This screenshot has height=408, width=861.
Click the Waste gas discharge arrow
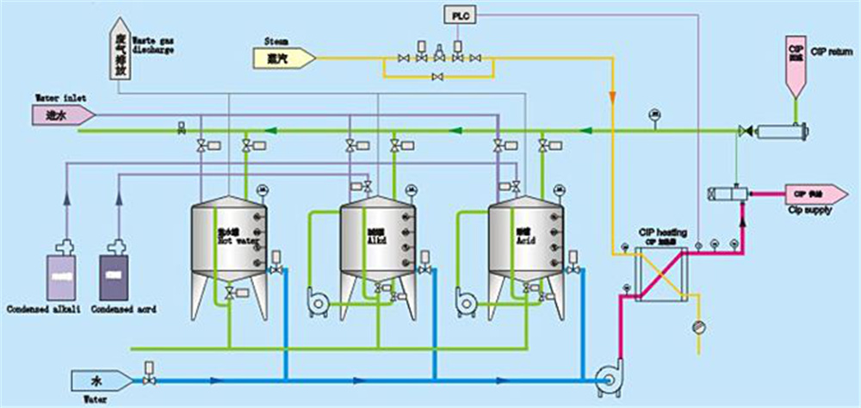point(117,51)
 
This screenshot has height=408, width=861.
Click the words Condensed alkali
point(43,309)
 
